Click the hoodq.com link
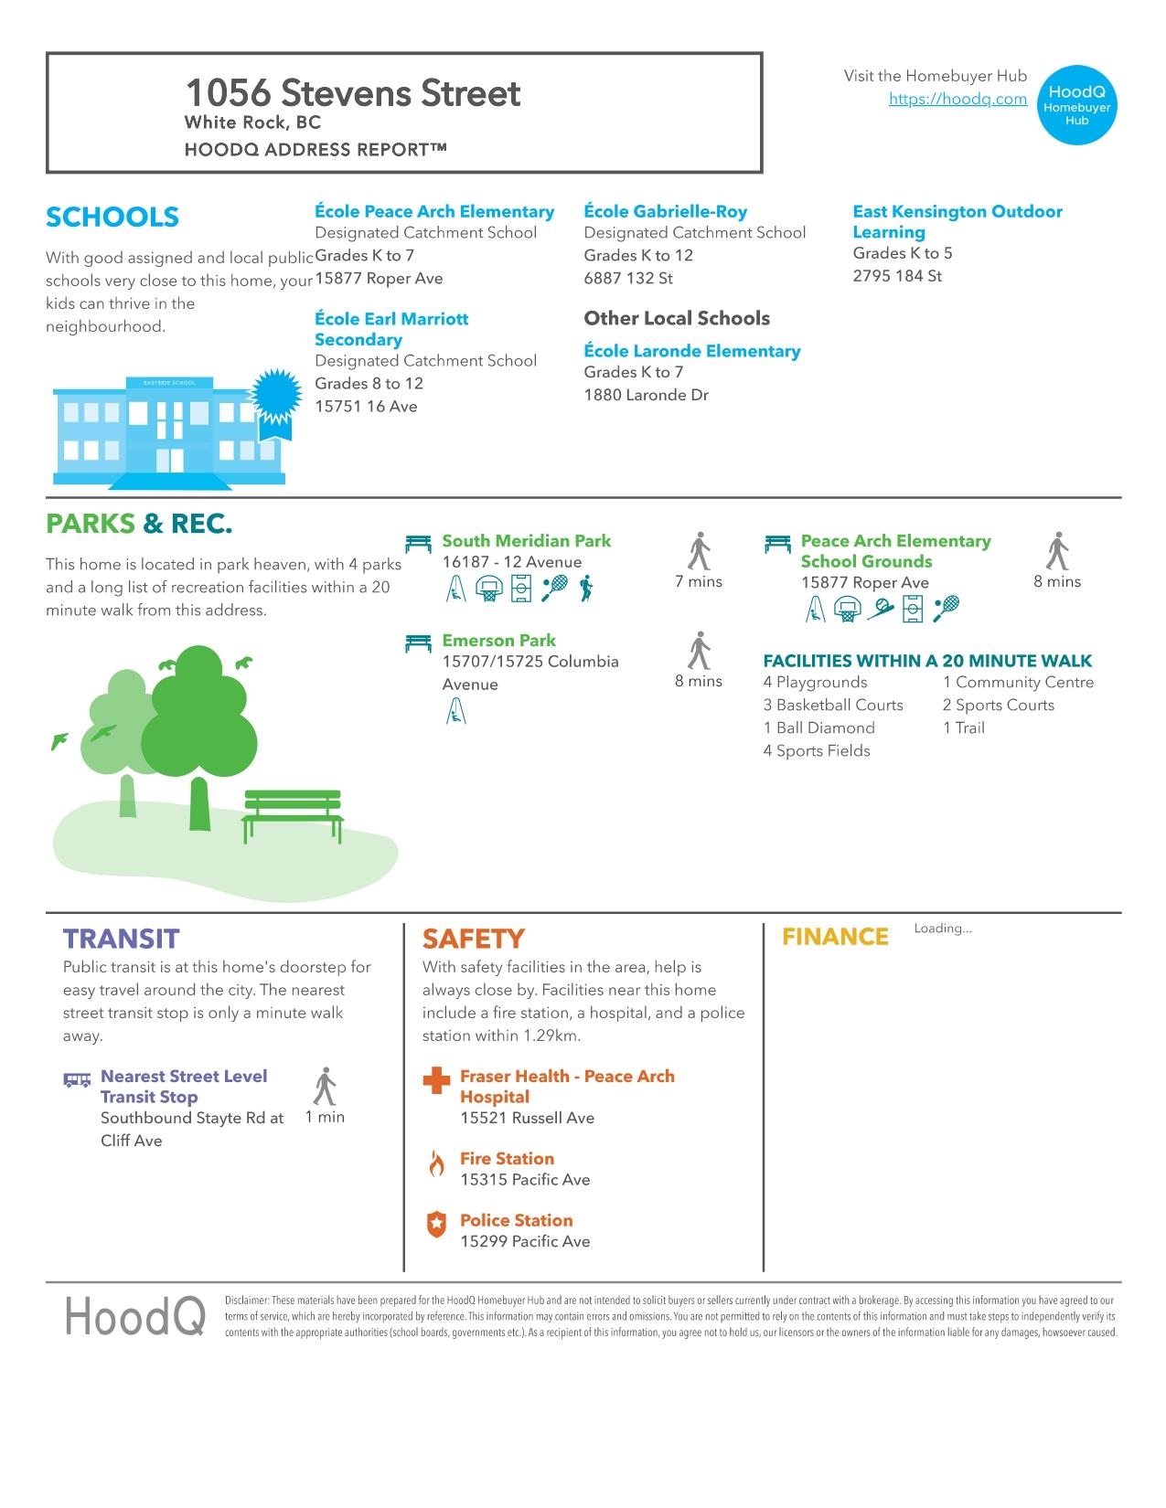pos(957,100)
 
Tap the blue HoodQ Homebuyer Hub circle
pos(1077,105)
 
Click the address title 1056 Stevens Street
pos(353,93)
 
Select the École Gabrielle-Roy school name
pos(665,211)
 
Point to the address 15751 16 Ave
pos(366,407)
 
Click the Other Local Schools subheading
pos(677,319)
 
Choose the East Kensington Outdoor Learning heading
pos(957,221)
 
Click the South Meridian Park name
pos(526,541)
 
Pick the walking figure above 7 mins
pos(699,550)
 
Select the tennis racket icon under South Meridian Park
pos(554,589)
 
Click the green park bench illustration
pos(293,814)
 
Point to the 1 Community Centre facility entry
pos(1018,683)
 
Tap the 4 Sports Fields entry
pos(817,751)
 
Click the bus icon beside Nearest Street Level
pos(77,1079)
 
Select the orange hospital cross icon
pos(437,1080)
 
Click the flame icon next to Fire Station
pos(437,1164)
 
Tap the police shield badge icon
pos(437,1225)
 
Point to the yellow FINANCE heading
pos(835,938)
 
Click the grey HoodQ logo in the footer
pos(134,1317)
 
